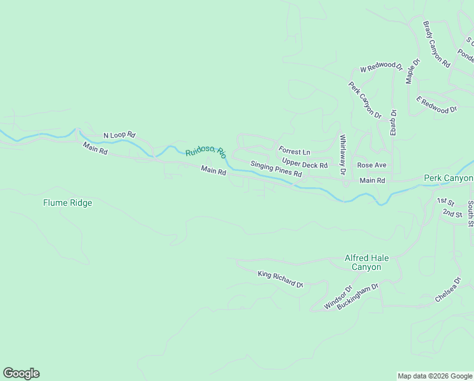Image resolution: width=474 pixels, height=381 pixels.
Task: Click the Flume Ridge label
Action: tap(68, 203)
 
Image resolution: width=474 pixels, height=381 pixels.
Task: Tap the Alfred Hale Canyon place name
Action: tap(367, 263)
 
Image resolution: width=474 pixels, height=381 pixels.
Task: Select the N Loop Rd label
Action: tap(120, 135)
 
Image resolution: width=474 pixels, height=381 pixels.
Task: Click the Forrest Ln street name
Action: tap(295, 152)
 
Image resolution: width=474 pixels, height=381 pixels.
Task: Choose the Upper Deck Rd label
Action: tap(305, 164)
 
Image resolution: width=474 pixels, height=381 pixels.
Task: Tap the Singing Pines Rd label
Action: tap(276, 169)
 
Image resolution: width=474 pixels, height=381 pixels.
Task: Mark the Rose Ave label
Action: tap(371, 165)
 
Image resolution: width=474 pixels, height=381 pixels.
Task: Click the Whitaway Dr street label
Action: tap(342, 154)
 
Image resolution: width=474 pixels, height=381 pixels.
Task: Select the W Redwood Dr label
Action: tap(381, 67)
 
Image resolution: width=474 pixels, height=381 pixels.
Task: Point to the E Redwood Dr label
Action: tap(436, 105)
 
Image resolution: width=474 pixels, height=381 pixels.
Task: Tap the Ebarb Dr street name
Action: tap(393, 122)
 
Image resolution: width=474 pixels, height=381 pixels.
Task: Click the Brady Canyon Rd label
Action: tap(436, 44)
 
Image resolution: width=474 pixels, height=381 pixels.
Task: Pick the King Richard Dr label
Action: tap(281, 279)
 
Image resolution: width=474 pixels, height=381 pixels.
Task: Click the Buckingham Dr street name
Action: tap(358, 296)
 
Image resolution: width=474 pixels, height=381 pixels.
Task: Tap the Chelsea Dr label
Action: tap(448, 290)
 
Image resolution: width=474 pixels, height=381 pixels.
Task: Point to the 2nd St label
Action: tap(452, 213)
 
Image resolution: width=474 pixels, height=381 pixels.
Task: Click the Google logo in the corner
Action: tap(21, 373)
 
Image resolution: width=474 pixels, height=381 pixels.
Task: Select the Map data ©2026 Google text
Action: tap(435, 376)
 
